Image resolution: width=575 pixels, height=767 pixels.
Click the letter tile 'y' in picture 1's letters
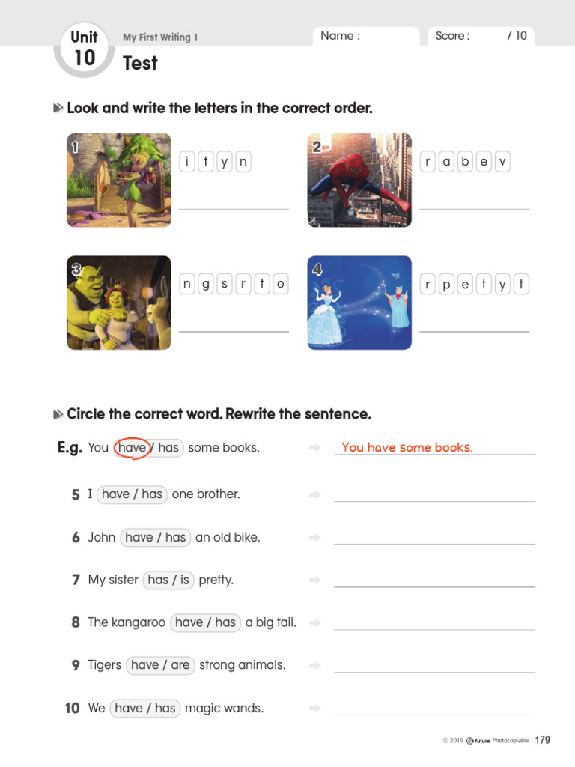click(225, 161)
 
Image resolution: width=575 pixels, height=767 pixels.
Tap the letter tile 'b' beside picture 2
click(466, 161)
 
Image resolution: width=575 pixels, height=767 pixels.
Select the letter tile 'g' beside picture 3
click(206, 284)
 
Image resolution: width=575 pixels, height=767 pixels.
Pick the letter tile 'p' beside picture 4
click(447, 284)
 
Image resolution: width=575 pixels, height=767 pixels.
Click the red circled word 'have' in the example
click(132, 448)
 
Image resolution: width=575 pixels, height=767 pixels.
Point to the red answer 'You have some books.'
click(407, 448)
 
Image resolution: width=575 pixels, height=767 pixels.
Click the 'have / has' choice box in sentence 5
click(132, 494)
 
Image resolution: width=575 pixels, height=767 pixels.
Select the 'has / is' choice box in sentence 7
click(168, 580)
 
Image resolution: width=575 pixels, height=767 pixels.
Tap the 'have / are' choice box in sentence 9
click(160, 665)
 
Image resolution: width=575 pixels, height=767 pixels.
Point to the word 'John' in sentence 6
click(102, 537)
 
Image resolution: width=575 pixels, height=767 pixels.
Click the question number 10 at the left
click(72, 708)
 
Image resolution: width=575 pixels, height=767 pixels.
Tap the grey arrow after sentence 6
click(315, 537)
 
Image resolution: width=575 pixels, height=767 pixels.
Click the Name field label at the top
click(340, 36)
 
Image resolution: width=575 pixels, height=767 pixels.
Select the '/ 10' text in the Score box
click(517, 36)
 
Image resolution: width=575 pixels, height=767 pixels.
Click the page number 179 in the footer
click(543, 740)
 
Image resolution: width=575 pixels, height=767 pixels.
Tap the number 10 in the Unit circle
click(85, 58)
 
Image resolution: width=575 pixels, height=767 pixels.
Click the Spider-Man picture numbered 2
click(359, 180)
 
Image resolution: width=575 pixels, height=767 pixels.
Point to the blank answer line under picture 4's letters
click(474, 330)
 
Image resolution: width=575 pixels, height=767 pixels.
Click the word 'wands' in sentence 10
click(246, 708)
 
